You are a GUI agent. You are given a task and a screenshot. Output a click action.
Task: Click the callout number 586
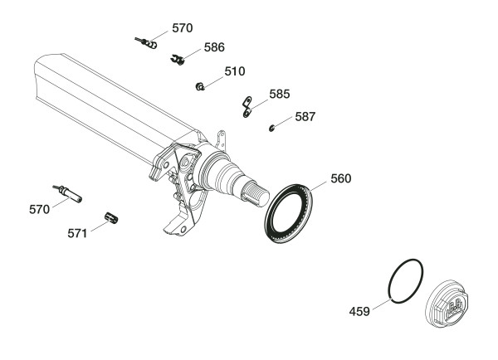pos(214,47)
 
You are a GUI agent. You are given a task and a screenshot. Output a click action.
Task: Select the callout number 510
pos(235,71)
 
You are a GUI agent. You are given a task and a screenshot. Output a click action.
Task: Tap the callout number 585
pos(280,95)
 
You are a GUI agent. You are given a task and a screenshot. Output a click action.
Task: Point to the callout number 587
pos(305,117)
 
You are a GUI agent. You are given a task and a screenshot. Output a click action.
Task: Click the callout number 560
pos(341,178)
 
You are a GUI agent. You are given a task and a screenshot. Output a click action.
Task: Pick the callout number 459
pos(359,311)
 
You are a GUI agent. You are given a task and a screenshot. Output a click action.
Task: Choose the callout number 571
pos(77,234)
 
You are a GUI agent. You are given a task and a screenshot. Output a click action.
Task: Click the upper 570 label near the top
pos(183,28)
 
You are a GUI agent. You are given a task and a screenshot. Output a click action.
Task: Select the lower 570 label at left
pos(39,210)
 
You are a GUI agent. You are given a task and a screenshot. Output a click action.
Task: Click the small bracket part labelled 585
pos(247,107)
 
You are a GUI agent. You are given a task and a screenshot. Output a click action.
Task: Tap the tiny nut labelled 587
pos(271,129)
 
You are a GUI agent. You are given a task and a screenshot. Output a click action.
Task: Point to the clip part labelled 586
pos(178,60)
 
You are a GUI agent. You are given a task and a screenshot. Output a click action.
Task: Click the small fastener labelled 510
pos(200,86)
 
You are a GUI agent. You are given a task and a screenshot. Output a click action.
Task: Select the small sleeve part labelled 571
pos(111,218)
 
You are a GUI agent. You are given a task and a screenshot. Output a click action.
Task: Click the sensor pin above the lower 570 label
pos(68,193)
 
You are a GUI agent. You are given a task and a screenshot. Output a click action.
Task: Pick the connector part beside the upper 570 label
pos(146,43)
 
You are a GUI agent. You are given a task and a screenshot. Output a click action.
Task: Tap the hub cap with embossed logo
pos(447,303)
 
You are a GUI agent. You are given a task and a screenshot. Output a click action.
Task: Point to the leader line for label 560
pos(318,187)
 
